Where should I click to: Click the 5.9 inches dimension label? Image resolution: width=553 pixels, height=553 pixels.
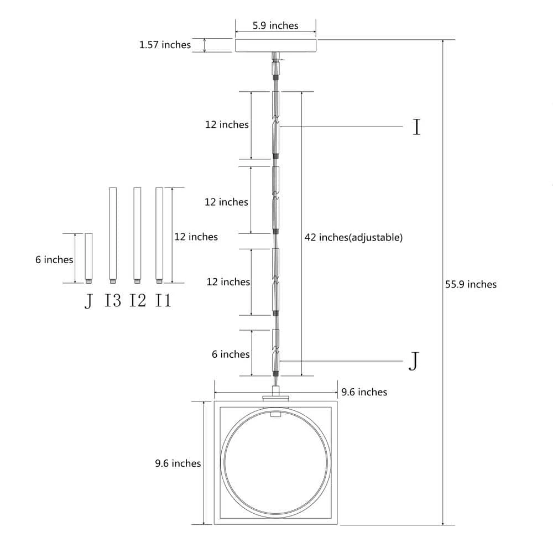click(x=275, y=26)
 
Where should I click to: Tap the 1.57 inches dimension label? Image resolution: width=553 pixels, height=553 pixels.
click(x=165, y=45)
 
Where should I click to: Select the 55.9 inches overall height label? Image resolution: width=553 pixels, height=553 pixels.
click(x=471, y=284)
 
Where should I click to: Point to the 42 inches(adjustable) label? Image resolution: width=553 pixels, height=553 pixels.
click(x=353, y=237)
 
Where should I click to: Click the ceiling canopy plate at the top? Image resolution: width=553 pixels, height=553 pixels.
click(x=276, y=46)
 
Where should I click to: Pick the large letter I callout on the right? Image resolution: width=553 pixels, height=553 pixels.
click(x=417, y=127)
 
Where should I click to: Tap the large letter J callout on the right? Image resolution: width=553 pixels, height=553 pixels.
click(x=414, y=361)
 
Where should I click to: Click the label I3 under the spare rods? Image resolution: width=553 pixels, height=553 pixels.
click(x=113, y=300)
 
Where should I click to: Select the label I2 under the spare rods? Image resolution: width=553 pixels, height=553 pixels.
click(x=138, y=300)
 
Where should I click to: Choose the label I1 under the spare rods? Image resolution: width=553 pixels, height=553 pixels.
click(x=163, y=300)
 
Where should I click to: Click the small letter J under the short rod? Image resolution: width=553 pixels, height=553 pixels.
click(x=88, y=301)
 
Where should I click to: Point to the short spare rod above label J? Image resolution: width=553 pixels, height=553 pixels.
click(x=88, y=258)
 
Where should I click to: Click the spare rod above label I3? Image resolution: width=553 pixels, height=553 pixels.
click(x=113, y=235)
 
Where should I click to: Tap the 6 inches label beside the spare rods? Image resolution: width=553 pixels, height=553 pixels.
click(x=54, y=259)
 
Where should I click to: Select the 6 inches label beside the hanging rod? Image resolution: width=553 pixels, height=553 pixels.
click(x=231, y=354)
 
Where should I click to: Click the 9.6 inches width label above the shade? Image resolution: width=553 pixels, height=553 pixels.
click(x=364, y=392)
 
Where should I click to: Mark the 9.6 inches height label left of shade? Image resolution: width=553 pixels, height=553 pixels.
click(x=178, y=463)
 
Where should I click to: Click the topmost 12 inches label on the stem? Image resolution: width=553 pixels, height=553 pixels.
click(x=227, y=124)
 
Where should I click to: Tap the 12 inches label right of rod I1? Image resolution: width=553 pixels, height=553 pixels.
click(x=196, y=236)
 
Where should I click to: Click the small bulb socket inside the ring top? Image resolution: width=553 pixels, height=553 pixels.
click(x=275, y=414)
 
